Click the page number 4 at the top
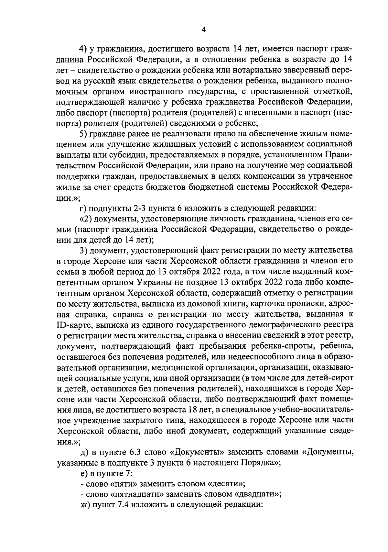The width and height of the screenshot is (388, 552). (x=203, y=30)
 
